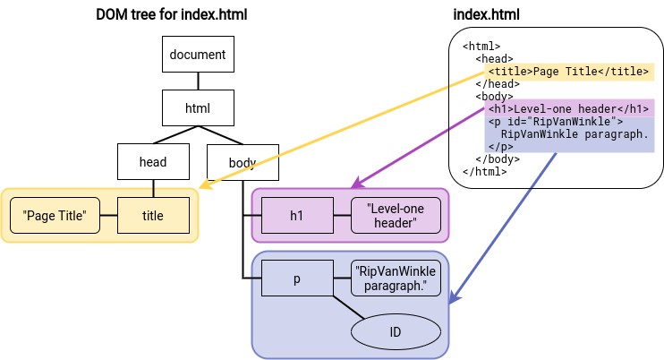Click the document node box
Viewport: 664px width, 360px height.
pyautogui.click(x=198, y=55)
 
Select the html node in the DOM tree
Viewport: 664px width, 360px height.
pyautogui.click(x=198, y=107)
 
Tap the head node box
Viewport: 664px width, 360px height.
pyautogui.click(x=153, y=162)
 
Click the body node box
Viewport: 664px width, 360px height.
pyautogui.click(x=243, y=162)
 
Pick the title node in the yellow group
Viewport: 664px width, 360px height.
pyautogui.click(x=153, y=215)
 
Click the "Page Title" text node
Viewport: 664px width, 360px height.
pyautogui.click(x=55, y=215)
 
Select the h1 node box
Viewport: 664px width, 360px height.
pyautogui.click(x=297, y=215)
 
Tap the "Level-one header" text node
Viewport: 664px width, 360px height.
pyautogui.click(x=389, y=215)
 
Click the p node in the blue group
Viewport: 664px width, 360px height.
pyautogui.click(x=297, y=279)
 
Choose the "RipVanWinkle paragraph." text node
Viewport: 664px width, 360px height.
pyautogui.click(x=389, y=278)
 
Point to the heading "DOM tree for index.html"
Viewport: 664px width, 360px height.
pyautogui.click(x=172, y=14)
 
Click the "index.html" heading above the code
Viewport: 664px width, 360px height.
pyautogui.click(x=486, y=14)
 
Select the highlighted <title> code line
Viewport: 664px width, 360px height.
pyautogui.click(x=567, y=72)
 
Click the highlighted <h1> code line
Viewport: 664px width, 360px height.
pyautogui.click(x=567, y=109)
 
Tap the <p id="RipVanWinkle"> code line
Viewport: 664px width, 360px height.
pyautogui.click(x=555, y=122)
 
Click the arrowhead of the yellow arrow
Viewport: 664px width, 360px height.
pyautogui.click(x=203, y=186)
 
